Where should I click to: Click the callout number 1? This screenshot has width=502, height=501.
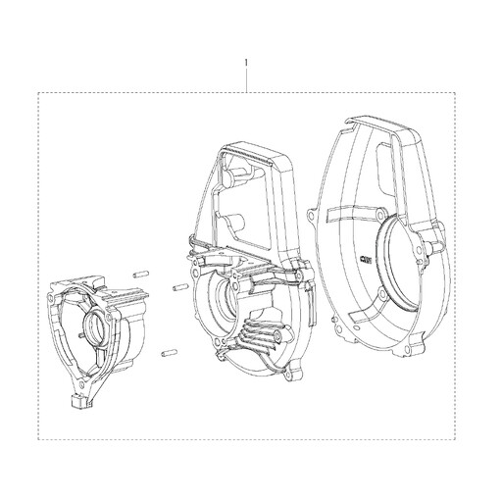[x=246, y=62]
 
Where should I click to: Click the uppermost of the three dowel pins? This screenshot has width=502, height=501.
[x=141, y=275]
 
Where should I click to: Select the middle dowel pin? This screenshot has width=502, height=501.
[x=180, y=287]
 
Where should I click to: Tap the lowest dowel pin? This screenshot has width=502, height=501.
[x=170, y=353]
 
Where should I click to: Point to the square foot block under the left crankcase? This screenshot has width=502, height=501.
[x=80, y=401]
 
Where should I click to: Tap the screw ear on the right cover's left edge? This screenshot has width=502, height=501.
[x=311, y=215]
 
